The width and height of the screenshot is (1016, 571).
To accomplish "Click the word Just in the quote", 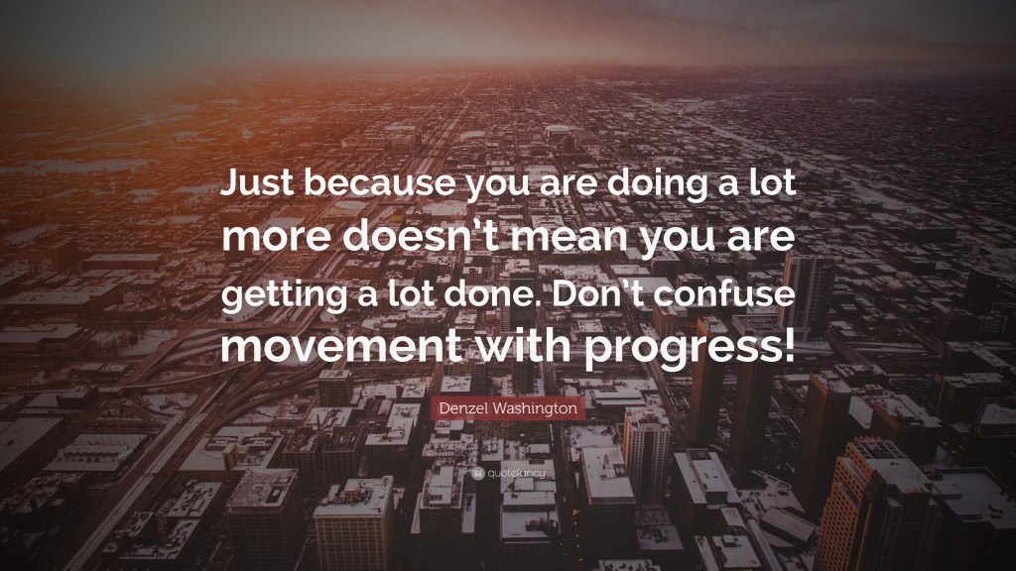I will (x=252, y=185).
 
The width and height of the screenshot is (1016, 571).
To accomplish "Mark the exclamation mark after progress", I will (x=788, y=346).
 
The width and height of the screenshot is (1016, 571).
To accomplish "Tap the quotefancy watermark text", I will (x=514, y=474).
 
